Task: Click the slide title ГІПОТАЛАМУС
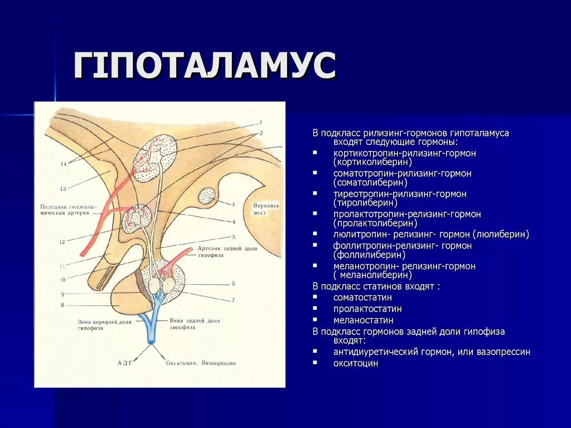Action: [205, 66]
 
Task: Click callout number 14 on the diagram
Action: [64, 164]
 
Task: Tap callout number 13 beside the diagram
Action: [64, 188]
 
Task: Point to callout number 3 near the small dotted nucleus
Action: [233, 205]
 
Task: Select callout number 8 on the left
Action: [63, 305]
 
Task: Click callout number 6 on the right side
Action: [233, 284]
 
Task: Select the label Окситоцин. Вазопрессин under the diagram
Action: [201, 362]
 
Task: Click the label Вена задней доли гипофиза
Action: [195, 324]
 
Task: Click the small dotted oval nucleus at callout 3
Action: [207, 196]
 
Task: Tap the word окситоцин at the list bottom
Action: [356, 363]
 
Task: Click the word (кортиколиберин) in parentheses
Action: [372, 162]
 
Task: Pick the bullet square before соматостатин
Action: [315, 297]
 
